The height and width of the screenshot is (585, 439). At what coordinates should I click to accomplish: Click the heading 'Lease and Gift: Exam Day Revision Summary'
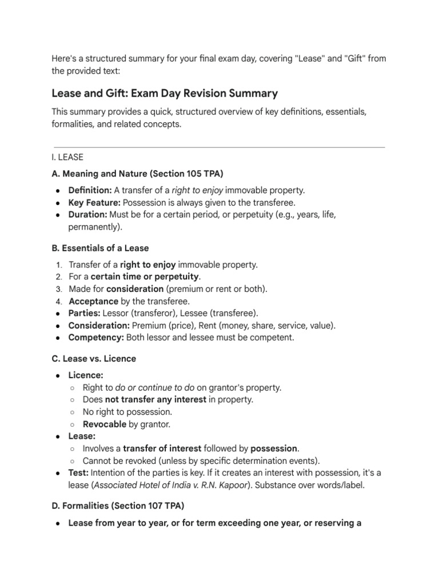coord(165,93)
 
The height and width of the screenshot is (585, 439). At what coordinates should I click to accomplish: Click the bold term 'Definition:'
coord(90,190)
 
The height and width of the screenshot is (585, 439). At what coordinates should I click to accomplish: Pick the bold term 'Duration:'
coord(87,215)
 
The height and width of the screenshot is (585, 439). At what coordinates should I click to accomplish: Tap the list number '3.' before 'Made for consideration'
coord(59,289)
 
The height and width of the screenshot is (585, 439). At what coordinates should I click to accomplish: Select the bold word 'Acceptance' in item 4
coord(93,301)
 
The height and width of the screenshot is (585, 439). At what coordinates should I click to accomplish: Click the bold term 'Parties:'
coord(83,313)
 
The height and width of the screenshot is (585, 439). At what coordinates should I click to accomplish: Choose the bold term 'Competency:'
coord(95,337)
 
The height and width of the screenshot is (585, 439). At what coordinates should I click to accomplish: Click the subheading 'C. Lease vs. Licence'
coord(94,359)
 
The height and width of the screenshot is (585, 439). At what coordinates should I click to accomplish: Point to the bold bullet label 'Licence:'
coord(86,375)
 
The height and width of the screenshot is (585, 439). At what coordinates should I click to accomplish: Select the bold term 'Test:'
coord(78,473)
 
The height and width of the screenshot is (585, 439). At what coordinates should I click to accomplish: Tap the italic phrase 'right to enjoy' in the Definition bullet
coord(198,190)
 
